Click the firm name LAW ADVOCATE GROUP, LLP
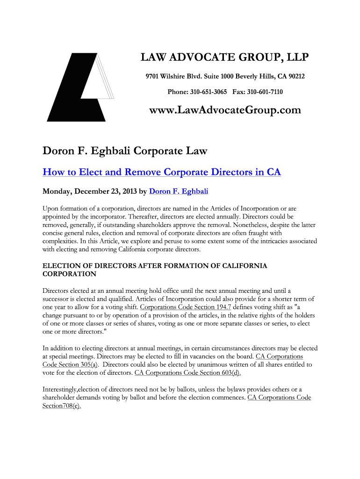coord(225,58)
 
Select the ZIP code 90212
coord(295,76)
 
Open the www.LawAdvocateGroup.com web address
coord(225,110)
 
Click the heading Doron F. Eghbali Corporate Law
coord(125,151)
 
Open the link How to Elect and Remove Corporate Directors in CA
coord(162,172)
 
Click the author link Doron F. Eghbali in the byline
coord(179,191)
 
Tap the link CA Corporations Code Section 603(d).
coord(187,373)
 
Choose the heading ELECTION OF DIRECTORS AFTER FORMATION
coord(155,266)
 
